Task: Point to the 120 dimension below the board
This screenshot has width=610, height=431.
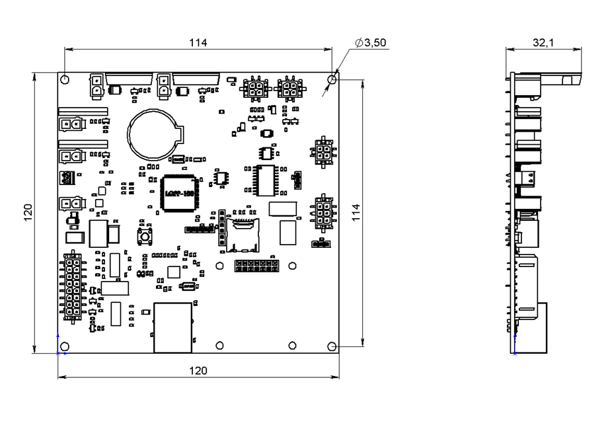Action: click(198, 371)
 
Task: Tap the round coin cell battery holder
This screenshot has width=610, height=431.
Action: click(154, 132)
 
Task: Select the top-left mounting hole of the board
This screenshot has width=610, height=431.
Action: click(65, 80)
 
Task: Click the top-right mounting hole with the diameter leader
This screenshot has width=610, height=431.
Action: click(332, 80)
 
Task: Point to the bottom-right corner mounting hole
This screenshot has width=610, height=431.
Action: click(332, 346)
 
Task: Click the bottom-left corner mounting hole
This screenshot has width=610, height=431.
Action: click(65, 346)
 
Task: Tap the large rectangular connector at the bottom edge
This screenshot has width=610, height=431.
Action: click(172, 327)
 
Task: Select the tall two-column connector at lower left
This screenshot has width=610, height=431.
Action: click(72, 286)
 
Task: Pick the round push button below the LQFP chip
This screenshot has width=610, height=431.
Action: click(141, 235)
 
